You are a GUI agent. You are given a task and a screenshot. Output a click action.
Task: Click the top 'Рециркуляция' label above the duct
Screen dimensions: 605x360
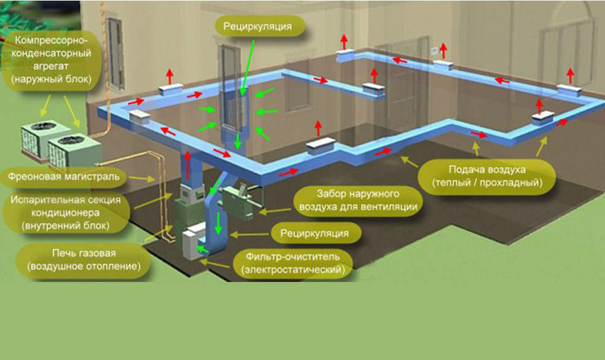pyautogui.click(x=257, y=26)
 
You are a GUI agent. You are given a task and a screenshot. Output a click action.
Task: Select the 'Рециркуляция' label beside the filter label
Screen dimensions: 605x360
pyautogui.click(x=314, y=233)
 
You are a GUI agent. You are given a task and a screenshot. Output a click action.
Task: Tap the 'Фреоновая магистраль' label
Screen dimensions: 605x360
pyautogui.click(x=64, y=177)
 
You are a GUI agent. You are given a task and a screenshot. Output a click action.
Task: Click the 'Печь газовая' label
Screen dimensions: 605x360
pyautogui.click(x=84, y=259)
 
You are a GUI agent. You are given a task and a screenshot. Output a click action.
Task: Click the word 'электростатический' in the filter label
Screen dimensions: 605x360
pyautogui.click(x=293, y=269)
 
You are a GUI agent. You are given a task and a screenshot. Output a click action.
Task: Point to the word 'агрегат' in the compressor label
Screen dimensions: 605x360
pyautogui.click(x=50, y=66)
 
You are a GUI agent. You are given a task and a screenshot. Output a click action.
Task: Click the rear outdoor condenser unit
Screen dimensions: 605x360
pyautogui.click(x=37, y=138)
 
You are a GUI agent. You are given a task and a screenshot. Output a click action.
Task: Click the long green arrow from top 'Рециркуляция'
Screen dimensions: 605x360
pyautogui.click(x=248, y=68)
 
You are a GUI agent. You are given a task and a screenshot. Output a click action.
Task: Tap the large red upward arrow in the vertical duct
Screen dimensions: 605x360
pyautogui.click(x=188, y=165)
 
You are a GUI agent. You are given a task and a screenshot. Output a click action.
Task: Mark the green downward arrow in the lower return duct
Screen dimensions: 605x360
pyautogui.click(x=219, y=223)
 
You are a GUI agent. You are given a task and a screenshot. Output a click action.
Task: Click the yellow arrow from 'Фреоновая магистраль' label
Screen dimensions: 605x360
pyautogui.click(x=142, y=178)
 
